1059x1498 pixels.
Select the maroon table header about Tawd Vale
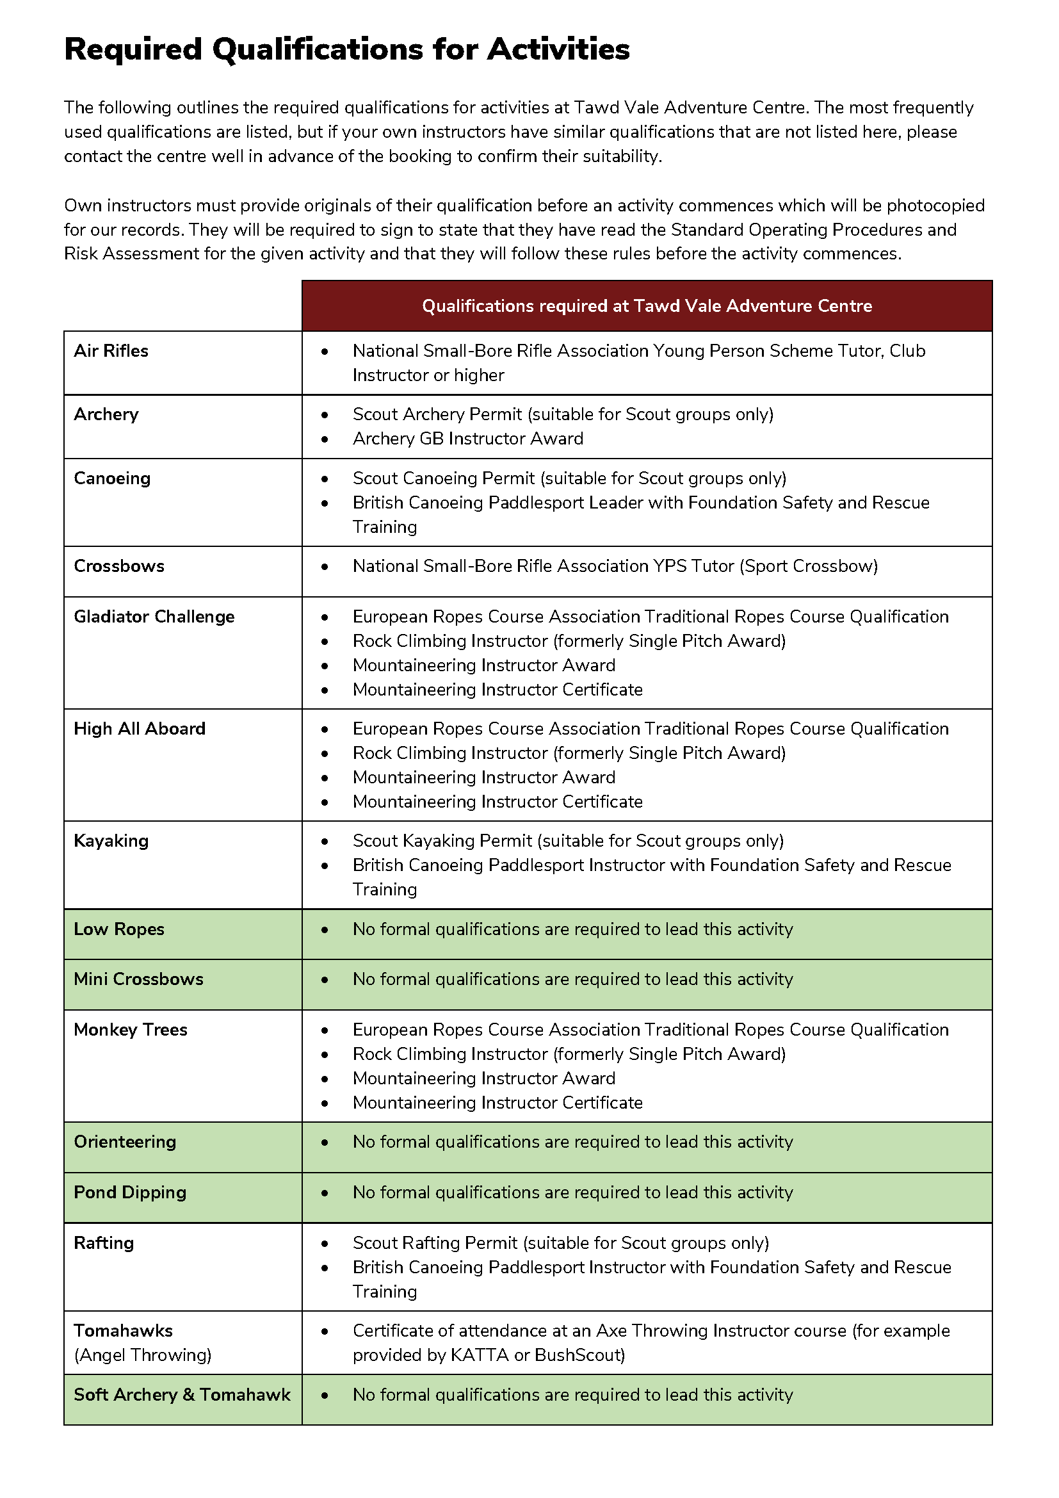646,306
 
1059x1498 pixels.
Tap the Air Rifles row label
111,351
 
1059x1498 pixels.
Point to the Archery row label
106,414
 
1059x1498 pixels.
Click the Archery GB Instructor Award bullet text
467,439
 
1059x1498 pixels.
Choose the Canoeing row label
112,478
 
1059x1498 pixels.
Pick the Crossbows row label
118,566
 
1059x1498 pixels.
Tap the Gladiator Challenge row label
154,617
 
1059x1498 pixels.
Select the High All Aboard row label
140,729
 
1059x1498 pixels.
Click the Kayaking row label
111,841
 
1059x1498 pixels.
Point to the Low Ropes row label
118,929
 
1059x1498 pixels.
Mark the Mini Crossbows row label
138,979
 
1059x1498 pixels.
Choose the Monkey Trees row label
131,1030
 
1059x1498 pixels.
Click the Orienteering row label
125,1142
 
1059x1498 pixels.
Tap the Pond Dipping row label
130,1192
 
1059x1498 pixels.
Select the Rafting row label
104,1243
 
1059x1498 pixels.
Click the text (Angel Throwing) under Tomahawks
142,1355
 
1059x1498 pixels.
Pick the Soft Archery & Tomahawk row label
182,1394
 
